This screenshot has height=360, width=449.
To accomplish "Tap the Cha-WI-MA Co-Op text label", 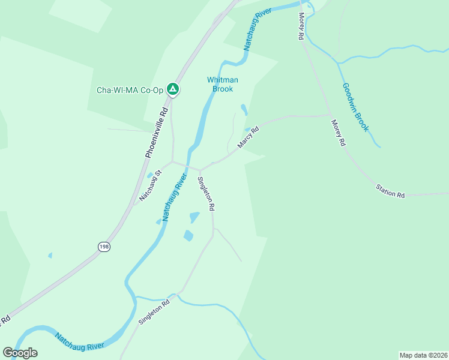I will pos(130,91).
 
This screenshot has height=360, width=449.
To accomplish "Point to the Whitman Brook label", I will pos(223,84).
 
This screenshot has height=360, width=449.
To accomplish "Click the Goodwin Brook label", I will pos(355,107).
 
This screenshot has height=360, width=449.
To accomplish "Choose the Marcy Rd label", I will pos(247,137).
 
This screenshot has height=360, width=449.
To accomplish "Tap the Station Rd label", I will pos(391,192).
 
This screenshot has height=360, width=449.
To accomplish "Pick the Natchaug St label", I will pos(151,185).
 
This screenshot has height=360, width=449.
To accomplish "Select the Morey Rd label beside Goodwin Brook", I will pos(339,133).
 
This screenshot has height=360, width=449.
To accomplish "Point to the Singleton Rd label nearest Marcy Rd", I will pos(206,193).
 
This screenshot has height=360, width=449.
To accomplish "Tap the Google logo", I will pos(20,353).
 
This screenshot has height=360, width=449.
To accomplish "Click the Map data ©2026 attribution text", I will pos(423,355).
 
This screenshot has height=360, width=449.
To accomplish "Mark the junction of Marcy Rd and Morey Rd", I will pos(329,115).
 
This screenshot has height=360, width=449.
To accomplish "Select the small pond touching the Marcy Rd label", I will pos(247,130).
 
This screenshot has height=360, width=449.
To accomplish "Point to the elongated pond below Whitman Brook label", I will pos(243,110).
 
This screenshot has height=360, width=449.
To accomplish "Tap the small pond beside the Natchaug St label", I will pos(149,175).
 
